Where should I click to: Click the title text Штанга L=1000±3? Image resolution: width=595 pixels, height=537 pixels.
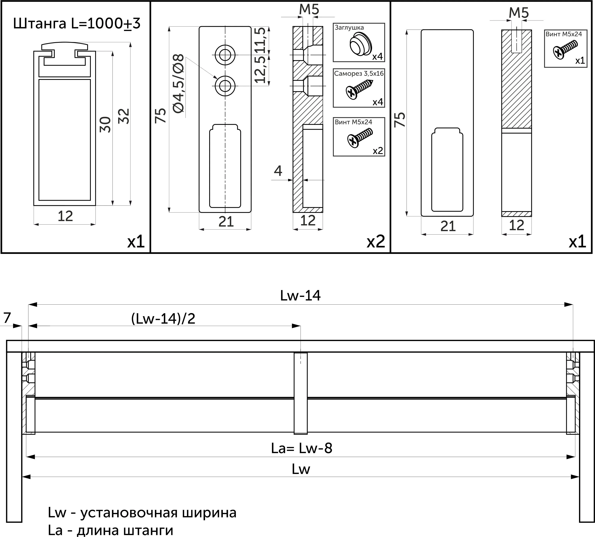(77, 24)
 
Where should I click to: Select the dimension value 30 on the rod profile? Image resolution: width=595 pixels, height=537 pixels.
(105, 124)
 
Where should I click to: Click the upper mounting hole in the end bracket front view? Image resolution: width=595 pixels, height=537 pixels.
(225, 55)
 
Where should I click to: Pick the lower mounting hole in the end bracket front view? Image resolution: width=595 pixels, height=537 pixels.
(225, 86)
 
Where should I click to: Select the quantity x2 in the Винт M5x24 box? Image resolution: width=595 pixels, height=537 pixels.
(378, 151)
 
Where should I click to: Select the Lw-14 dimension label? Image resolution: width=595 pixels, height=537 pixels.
(300, 296)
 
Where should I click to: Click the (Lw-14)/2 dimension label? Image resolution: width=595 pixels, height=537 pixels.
(163, 319)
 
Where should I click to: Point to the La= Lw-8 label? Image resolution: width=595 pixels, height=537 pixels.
(302, 448)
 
